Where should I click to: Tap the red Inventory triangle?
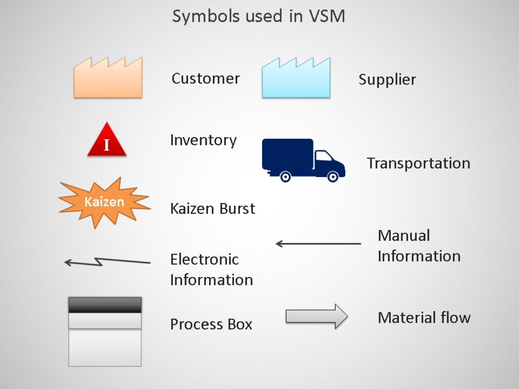[107, 143]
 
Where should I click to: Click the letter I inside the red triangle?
[107, 145]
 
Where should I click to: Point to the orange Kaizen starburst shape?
[104, 202]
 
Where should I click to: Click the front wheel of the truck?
[333, 177]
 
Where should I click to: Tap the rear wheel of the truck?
[285, 177]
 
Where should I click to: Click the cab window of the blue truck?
[323, 156]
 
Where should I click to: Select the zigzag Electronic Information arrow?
[107, 262]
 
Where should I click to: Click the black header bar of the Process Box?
[105, 305]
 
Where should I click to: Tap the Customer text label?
[205, 79]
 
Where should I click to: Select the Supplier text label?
[387, 80]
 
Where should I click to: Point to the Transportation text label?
[418, 163]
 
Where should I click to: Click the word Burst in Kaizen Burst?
[237, 209]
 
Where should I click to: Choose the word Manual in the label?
[404, 236]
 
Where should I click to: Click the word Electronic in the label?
[204, 259]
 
